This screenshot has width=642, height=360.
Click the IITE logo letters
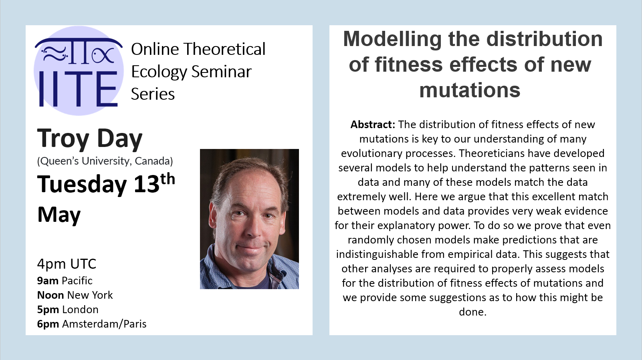[x=78, y=89]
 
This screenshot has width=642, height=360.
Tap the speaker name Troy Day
[x=90, y=138]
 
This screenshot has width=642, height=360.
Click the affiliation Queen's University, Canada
[x=105, y=161]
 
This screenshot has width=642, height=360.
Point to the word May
[x=59, y=215]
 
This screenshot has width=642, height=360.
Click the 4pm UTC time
[x=67, y=264]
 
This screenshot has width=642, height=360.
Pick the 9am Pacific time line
[x=65, y=281]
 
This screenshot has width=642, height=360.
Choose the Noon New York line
[x=75, y=295]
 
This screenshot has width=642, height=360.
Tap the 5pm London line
[x=68, y=310]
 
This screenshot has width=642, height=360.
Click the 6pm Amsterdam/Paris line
[x=92, y=324]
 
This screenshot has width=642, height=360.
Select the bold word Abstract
[x=373, y=124]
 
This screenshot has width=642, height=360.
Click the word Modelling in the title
[x=392, y=39]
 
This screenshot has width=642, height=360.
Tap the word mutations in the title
[x=470, y=90]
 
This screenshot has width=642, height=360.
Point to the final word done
[x=472, y=312]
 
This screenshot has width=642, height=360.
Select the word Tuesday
[x=82, y=185]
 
